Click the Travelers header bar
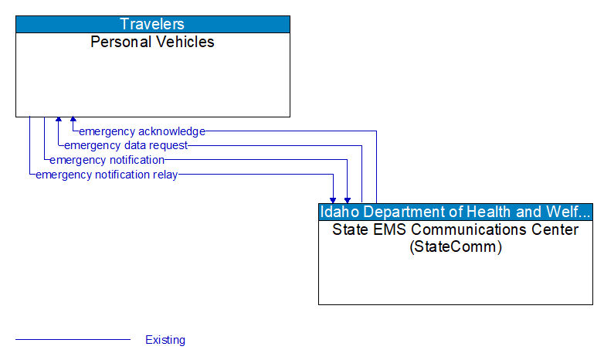(152, 24)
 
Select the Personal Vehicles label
(152, 42)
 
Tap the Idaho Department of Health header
(456, 212)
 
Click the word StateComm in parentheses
(456, 247)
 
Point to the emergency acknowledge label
(142, 131)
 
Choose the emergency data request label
(126, 145)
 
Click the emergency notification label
(107, 160)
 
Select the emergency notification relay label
(107, 175)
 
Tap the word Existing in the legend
(165, 340)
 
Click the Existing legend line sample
(73, 340)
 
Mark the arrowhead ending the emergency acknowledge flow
(73, 121)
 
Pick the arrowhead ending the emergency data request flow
(58, 121)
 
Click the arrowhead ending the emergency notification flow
(348, 199)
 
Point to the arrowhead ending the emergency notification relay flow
(334, 199)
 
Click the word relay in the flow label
(165, 175)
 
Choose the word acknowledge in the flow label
(171, 131)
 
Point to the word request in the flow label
(168, 145)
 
